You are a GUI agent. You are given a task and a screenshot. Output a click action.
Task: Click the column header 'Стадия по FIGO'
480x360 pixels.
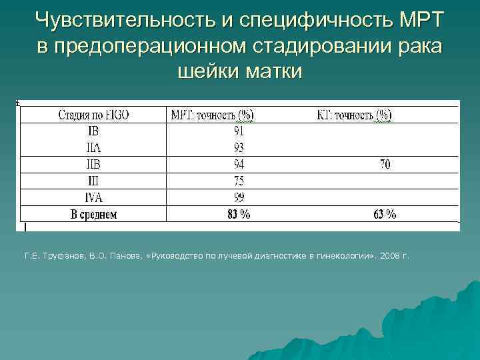coord(93,115)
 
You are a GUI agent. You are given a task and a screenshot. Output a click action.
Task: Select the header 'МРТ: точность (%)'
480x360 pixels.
coord(212,115)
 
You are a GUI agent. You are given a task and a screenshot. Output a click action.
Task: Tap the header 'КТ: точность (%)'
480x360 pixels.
coord(353,115)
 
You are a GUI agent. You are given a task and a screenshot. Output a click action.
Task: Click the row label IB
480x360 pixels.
coord(93,132)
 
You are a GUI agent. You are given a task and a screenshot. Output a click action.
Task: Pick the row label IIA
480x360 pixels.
coord(93,148)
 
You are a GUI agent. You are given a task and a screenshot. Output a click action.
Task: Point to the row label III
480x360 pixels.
coord(93,181)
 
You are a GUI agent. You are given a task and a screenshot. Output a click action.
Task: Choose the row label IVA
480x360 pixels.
coord(93,197)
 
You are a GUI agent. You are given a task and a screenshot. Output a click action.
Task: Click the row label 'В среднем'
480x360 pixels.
coord(93,215)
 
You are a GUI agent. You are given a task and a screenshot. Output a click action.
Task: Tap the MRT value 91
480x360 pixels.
coord(239,132)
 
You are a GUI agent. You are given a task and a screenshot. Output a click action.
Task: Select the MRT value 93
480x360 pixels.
coord(239,148)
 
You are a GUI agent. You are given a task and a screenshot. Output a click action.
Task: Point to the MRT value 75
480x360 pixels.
coord(239,181)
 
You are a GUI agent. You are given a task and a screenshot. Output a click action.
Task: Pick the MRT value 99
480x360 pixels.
coord(239,197)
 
